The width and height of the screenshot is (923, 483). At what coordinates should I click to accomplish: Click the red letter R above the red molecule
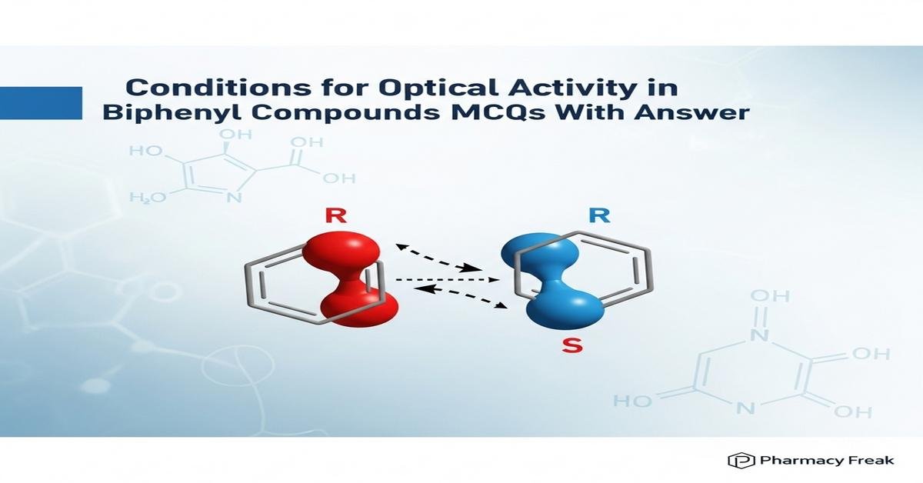pos(335,215)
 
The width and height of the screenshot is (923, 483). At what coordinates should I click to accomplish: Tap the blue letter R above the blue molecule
pos(599,215)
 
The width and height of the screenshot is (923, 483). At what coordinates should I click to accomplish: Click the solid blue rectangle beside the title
pos(41,102)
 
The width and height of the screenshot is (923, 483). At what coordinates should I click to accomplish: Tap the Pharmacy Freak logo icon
pos(741,460)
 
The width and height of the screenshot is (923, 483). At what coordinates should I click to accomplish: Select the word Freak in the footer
pos(874,460)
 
